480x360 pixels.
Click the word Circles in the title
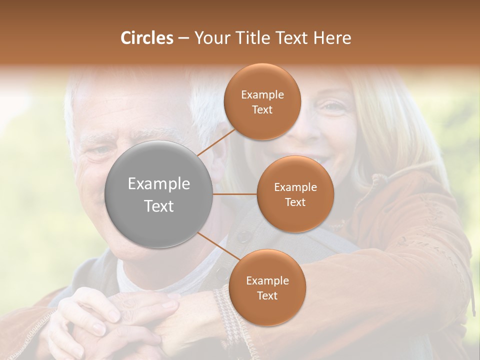tap(146, 38)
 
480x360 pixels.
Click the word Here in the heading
tap(332, 38)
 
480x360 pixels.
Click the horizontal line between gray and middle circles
tap(235, 194)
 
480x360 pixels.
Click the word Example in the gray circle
tap(159, 184)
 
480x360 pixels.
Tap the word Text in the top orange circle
tap(262, 109)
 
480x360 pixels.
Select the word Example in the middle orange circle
tap(295, 187)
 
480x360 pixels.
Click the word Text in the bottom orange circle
tap(267, 295)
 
